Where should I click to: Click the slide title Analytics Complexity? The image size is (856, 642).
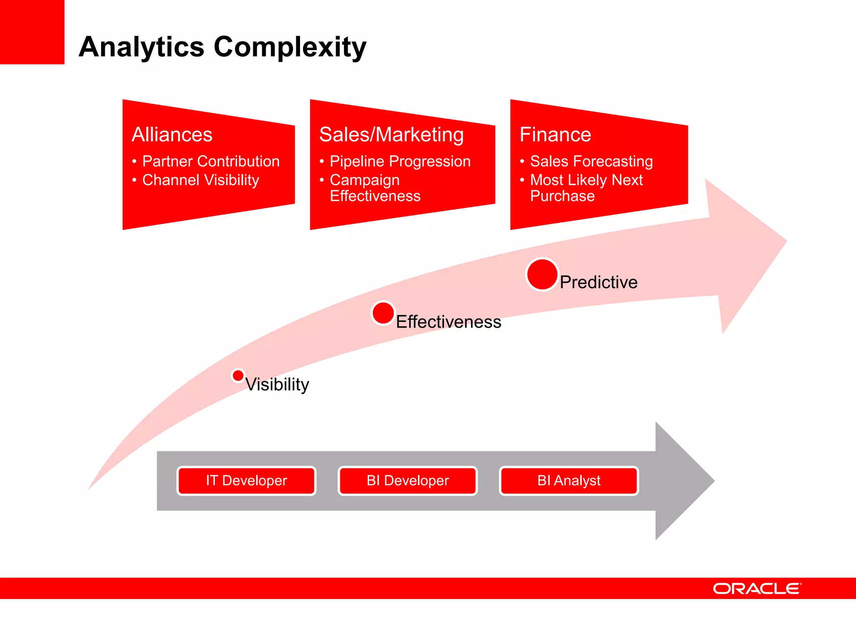222,47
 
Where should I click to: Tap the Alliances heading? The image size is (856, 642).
172,135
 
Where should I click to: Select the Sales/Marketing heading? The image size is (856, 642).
391,135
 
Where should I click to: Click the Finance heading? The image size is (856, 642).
555,135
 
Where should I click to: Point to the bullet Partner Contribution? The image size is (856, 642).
211,161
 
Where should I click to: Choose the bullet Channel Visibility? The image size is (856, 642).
201,180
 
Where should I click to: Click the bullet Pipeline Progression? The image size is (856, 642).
400,161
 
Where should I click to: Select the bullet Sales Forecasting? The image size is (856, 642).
591,161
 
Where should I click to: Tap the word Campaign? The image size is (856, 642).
364,180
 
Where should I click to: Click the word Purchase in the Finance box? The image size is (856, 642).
562,196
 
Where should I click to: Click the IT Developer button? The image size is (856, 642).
246,481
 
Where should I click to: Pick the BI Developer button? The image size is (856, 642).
408,481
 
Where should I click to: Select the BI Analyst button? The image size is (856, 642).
569,481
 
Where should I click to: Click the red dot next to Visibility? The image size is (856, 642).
238,375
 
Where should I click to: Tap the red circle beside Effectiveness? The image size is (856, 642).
383,313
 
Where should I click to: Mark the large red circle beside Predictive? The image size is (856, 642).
542,274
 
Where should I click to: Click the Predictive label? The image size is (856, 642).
599,283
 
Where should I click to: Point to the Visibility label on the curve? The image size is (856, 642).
277,385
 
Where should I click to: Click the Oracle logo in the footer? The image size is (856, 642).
757,588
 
